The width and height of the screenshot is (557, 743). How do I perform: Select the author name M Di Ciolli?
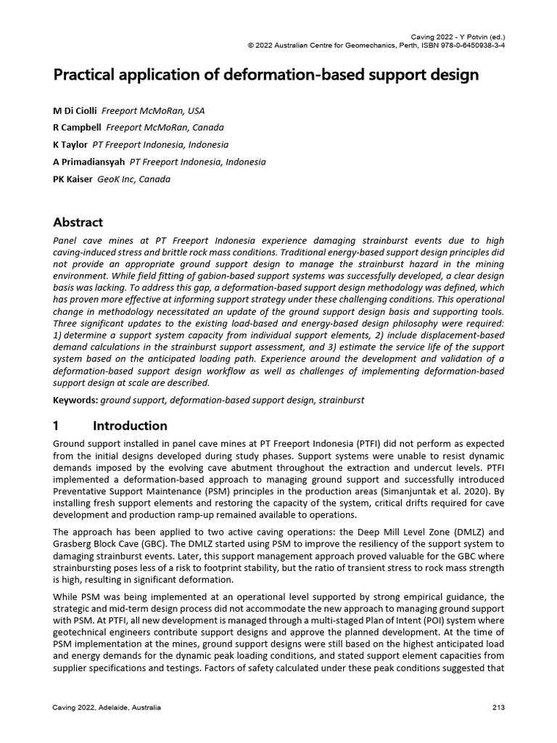coord(75,111)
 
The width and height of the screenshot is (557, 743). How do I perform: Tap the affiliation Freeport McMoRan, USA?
coord(153,111)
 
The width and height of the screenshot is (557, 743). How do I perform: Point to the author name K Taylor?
coord(71,144)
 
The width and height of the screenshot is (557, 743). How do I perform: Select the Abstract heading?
coord(78,222)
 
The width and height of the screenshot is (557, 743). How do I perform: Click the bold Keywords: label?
coord(75,400)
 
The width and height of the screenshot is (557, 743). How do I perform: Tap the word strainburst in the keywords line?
coord(340,400)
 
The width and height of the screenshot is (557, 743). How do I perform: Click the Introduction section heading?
coord(130,426)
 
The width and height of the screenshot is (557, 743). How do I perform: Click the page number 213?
coord(498,707)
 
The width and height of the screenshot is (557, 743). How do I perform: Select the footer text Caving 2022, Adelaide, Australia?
coord(107,707)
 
